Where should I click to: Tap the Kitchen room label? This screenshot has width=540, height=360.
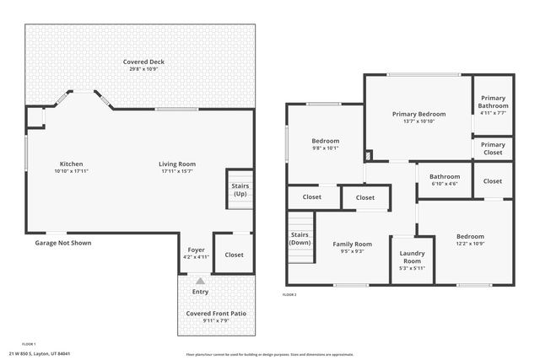(x=71, y=164)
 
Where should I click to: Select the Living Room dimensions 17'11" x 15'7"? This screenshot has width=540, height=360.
(x=177, y=171)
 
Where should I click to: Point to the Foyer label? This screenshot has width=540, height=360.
(x=196, y=250)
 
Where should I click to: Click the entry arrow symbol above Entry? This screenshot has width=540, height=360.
(x=200, y=281)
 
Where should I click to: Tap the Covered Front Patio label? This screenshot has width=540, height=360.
(x=216, y=314)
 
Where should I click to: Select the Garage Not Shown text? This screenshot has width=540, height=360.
(x=62, y=243)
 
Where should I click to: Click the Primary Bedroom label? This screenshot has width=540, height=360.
(x=418, y=114)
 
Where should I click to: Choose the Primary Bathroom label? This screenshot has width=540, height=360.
(x=493, y=101)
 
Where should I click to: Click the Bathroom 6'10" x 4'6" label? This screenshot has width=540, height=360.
(x=445, y=176)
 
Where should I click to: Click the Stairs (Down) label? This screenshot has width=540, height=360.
(x=300, y=239)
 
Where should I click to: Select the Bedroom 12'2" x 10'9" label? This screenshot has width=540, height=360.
(x=470, y=237)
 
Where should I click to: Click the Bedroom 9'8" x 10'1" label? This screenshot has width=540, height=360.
(x=325, y=141)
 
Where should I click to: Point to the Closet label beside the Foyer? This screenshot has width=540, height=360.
(x=234, y=255)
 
